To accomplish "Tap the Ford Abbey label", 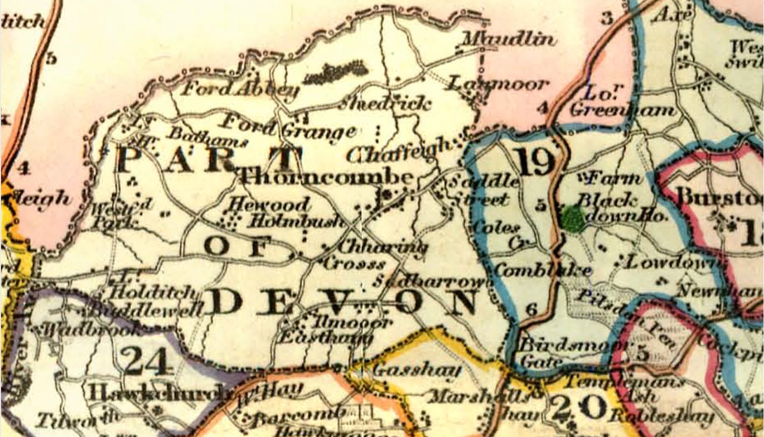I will (x=240, y=89).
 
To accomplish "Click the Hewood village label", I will (x=268, y=204).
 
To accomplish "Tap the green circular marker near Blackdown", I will (x=574, y=219).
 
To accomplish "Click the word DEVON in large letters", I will (x=342, y=302).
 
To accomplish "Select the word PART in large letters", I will (x=209, y=159).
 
